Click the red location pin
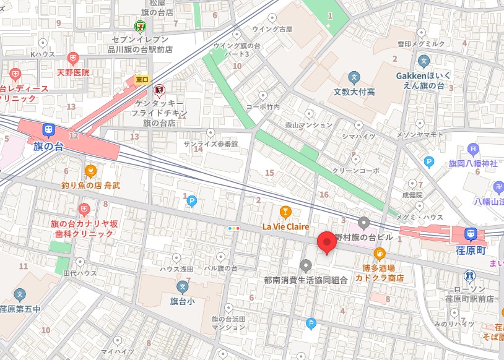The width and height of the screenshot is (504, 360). click(326, 242)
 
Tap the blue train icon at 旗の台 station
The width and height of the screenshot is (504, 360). click(48, 131)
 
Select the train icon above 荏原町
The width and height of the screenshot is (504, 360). click(471, 234)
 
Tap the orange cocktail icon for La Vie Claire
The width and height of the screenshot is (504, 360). click(285, 212)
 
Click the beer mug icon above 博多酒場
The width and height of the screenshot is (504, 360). click(380, 253)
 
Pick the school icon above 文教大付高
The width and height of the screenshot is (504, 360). click(354, 78)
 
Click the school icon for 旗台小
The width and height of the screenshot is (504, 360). click(182, 286)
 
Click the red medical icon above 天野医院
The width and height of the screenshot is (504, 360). click(73, 59)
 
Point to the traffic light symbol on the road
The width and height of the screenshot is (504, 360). click(233, 228)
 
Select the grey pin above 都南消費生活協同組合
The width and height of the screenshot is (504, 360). click(305, 266)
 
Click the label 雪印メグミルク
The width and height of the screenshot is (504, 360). click(421, 44)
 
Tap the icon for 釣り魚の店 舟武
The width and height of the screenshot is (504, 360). click(90, 171)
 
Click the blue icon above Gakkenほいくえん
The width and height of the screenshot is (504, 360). click(424, 61)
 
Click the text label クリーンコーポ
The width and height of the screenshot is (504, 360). click(355, 170)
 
